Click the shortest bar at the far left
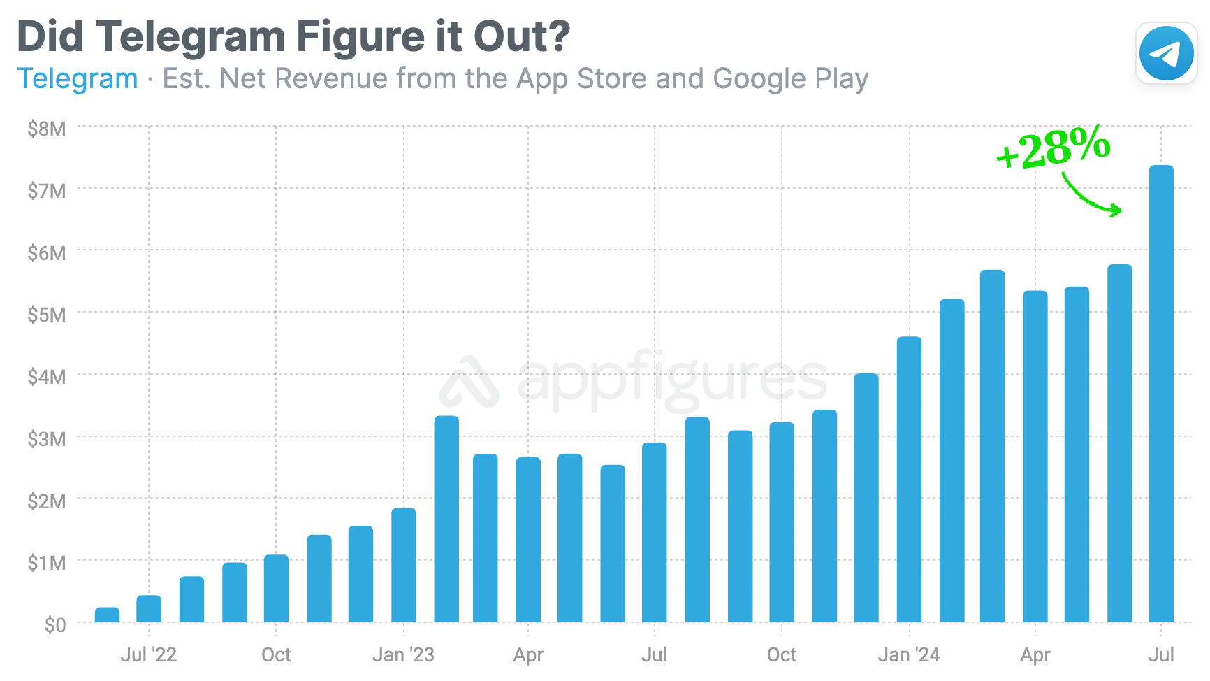[x=107, y=615]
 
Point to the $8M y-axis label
[x=47, y=129]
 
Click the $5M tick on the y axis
[x=47, y=315]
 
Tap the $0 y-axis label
[x=55, y=624]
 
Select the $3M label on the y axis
[x=47, y=439]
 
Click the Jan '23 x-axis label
[x=403, y=655]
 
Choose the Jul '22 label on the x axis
[x=148, y=655]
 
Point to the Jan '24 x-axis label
[x=908, y=655]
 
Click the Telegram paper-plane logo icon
[x=1166, y=53]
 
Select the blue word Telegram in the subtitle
[x=78, y=79]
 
